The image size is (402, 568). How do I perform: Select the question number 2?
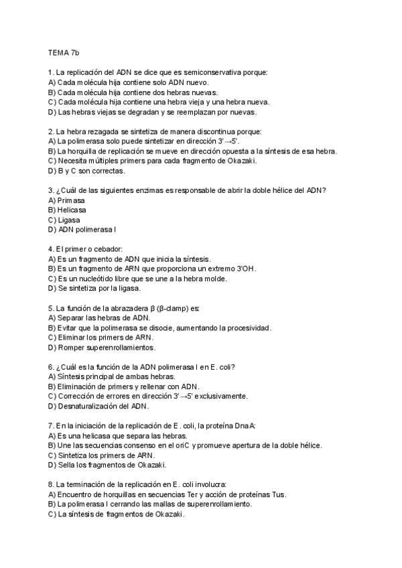click(x=51, y=131)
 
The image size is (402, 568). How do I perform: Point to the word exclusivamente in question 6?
click(x=220, y=396)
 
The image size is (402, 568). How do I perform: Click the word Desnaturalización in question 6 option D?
click(x=89, y=406)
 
